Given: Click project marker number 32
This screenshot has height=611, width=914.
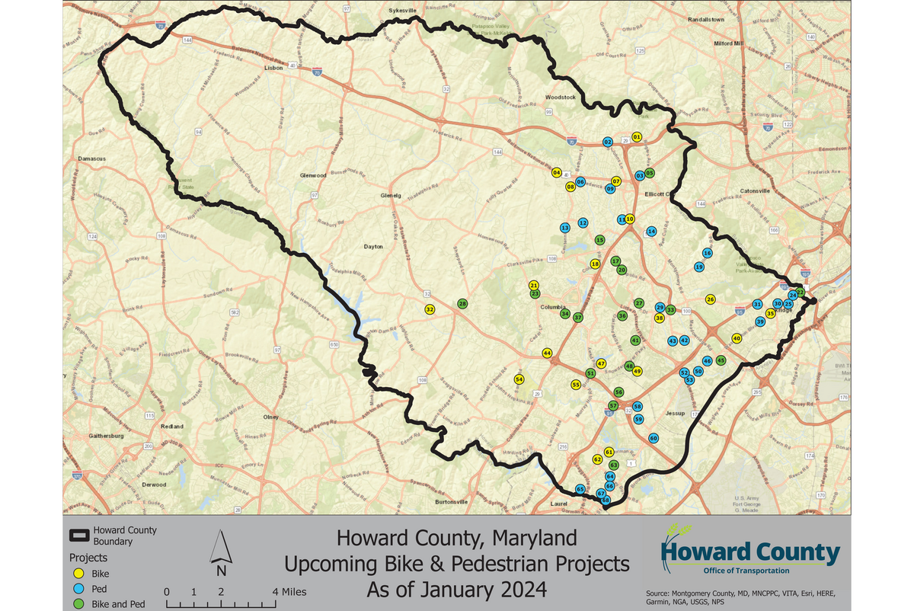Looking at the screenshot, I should (430, 309).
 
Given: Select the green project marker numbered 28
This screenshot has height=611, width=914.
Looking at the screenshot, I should (462, 304).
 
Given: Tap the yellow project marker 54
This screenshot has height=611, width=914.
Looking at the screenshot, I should (519, 379).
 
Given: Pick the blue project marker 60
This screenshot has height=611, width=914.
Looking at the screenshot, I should (654, 438).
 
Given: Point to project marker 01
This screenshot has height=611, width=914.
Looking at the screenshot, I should (637, 136).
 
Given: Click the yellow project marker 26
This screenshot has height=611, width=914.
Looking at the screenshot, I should (711, 299).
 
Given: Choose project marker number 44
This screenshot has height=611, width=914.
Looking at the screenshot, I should (547, 353).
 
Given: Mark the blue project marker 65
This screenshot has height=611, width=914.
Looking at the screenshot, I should (580, 489).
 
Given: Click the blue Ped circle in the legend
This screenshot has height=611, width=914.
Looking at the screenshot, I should (77, 589).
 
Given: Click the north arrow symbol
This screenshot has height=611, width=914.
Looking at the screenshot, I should (221, 553).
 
